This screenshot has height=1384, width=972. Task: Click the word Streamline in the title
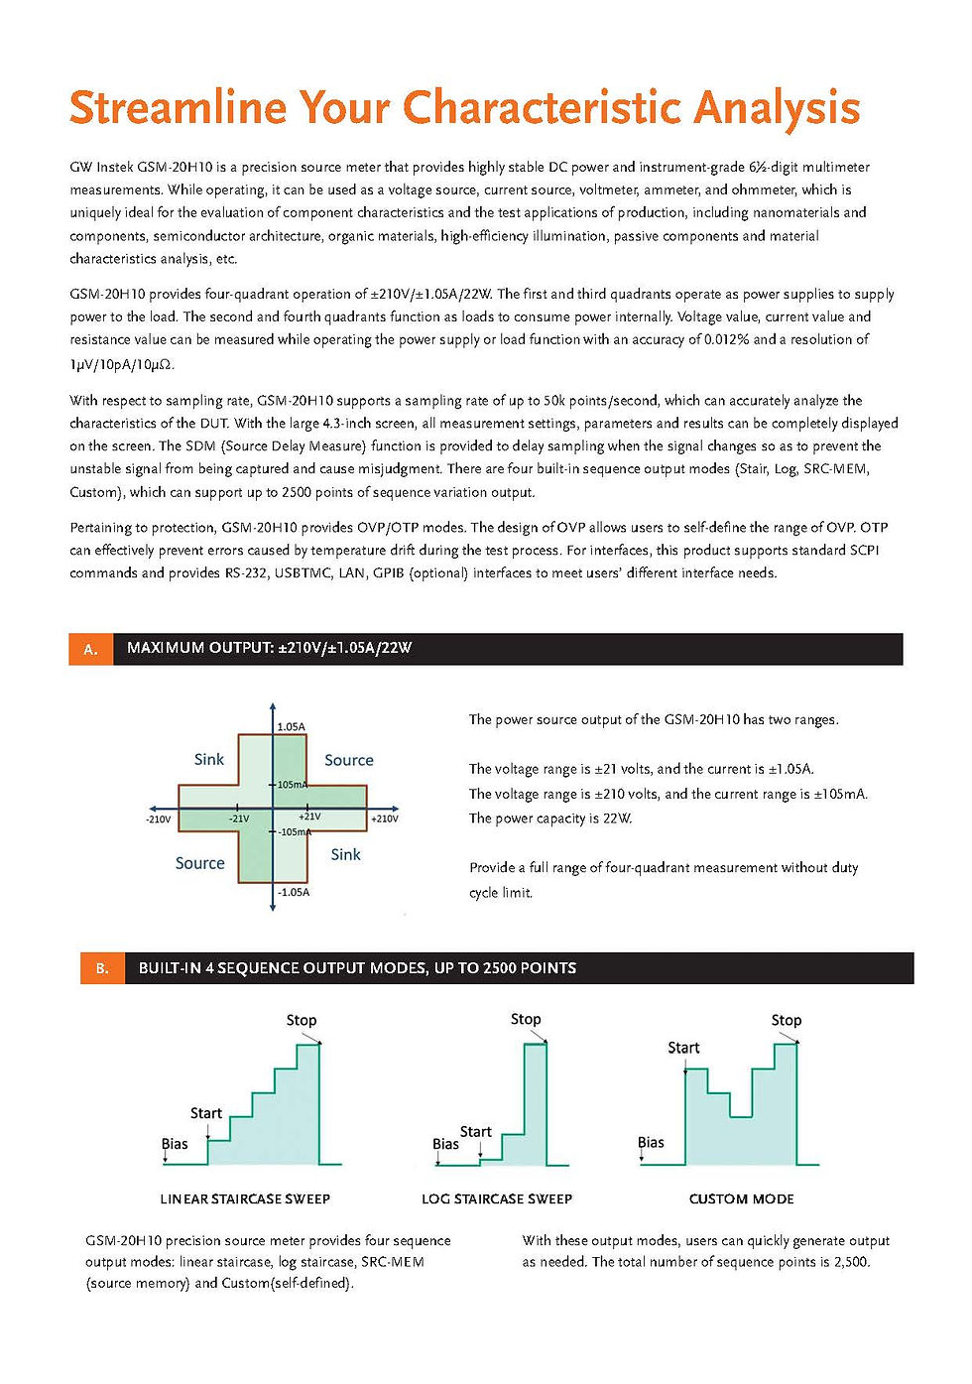click(x=178, y=108)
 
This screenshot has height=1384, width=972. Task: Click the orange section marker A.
click(x=90, y=650)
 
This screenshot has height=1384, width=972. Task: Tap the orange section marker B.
click(x=102, y=968)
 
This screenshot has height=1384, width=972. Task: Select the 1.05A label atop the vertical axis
click(x=292, y=727)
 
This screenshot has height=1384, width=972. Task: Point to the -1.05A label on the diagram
click(x=294, y=892)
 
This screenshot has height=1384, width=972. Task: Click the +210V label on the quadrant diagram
click(x=385, y=818)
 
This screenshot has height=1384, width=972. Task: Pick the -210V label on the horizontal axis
click(x=159, y=819)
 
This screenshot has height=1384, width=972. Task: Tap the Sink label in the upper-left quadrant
click(x=208, y=760)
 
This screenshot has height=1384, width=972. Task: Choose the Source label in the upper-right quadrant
click(x=349, y=760)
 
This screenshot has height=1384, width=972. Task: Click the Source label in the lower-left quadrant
click(x=199, y=863)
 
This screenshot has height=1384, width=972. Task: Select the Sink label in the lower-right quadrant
click(x=345, y=854)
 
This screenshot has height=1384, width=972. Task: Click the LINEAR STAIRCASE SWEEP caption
click(x=245, y=1199)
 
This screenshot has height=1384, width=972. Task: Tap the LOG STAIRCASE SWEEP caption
click(x=497, y=1199)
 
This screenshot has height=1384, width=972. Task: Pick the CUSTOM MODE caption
click(x=741, y=1199)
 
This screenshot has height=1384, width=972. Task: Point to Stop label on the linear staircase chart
click(x=301, y=1020)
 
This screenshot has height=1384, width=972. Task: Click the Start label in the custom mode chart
click(x=683, y=1048)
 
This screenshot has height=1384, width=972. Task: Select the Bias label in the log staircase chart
click(x=445, y=1144)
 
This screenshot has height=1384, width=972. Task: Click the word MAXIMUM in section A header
click(x=166, y=648)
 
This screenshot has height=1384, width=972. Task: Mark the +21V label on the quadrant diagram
click(x=309, y=817)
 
